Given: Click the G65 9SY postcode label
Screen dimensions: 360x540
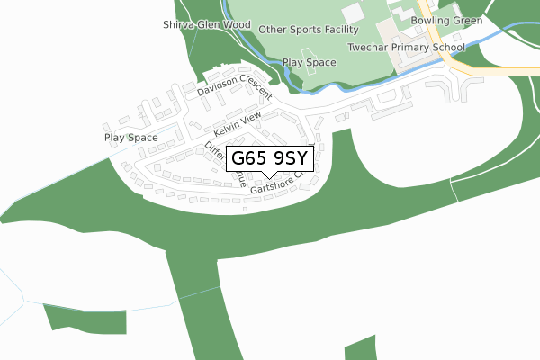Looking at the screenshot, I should [270, 159].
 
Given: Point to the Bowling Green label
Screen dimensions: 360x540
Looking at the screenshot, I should [446, 20].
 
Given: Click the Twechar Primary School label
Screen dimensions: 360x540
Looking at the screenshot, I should [407, 47].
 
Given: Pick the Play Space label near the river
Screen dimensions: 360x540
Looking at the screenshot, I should [310, 63].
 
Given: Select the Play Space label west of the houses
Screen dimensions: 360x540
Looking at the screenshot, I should [130, 138].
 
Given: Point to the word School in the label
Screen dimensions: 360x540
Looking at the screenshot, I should [448, 47].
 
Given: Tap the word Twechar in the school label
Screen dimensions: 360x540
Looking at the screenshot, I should [368, 47].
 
